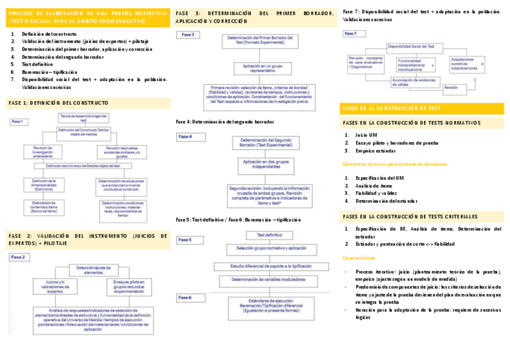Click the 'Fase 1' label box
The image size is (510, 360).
pyautogui.click(x=17, y=122)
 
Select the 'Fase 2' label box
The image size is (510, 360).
pyautogui.click(x=19, y=257)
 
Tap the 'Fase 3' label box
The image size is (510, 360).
pyautogui.click(x=188, y=35)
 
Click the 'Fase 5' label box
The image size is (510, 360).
pyautogui.click(x=185, y=240)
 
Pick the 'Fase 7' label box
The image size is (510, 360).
pyautogui.click(x=351, y=34)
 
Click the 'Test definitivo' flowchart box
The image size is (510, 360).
pyautogui.click(x=270, y=234)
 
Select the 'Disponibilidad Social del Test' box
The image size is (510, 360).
pyautogui.click(x=416, y=46)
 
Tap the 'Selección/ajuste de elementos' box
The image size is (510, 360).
pyautogui.click(x=93, y=269)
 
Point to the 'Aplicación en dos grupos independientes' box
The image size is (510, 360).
pyautogui.click(x=265, y=165)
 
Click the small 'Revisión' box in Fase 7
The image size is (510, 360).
pyautogui.click(x=450, y=88)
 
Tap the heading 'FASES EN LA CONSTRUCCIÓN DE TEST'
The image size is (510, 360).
pyautogui.click(x=392, y=109)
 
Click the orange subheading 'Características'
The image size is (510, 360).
pyautogui.click(x=359, y=257)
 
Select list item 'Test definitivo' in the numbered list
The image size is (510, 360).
pyautogui.click(x=37, y=64)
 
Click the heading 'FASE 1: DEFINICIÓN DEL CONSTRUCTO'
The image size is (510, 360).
pyautogui.click(x=58, y=103)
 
